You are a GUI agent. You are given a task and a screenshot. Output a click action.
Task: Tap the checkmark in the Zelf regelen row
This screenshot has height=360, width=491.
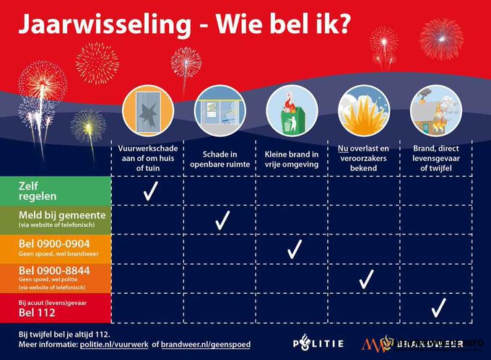pos(150,191)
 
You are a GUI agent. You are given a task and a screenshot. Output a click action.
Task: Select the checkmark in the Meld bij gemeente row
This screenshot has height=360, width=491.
pos(221,220)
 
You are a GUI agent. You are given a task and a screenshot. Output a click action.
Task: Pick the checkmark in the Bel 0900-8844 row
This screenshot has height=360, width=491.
pos(366,278)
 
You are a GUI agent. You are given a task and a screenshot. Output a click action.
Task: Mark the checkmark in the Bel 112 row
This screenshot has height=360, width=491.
pos(437,308)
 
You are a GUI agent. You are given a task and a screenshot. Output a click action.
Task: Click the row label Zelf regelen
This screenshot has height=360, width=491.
pos(36,190)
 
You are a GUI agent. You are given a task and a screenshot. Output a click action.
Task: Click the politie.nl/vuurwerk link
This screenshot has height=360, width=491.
pos(122,344)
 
